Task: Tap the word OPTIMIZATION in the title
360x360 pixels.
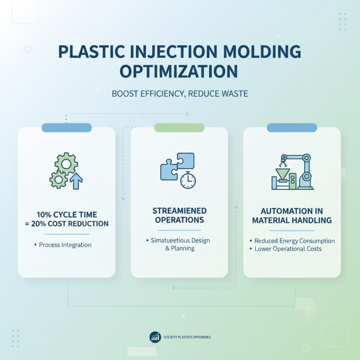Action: tap(180, 72)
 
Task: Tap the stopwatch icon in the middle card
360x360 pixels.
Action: tap(188, 180)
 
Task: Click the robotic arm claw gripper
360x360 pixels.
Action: tap(283, 159)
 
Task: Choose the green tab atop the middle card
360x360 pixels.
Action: tap(179, 128)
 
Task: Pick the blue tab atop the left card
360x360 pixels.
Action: tap(66, 128)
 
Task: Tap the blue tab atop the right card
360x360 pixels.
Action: tap(292, 128)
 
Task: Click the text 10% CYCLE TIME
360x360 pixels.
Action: tap(67, 215)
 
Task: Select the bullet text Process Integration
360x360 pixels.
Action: tap(65, 245)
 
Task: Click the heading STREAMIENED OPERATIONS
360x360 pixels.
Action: tap(179, 216)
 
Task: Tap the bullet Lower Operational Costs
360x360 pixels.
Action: tap(288, 249)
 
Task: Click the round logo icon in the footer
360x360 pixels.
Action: tap(155, 337)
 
